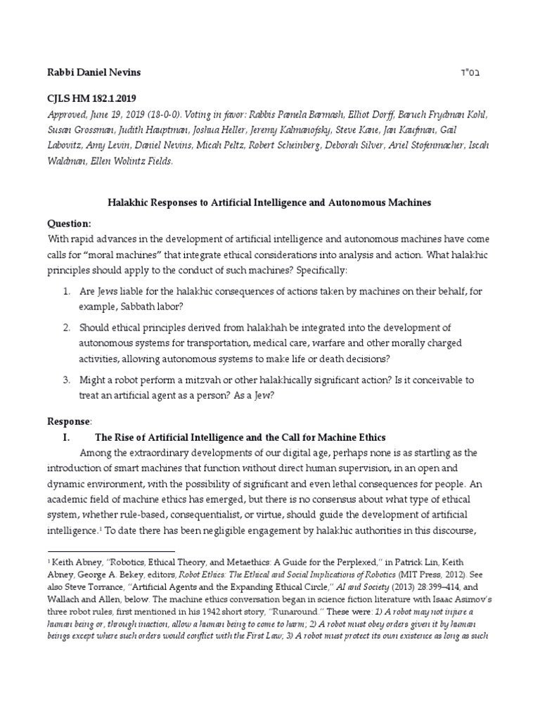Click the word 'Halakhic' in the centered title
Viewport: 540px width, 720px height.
(130, 202)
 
